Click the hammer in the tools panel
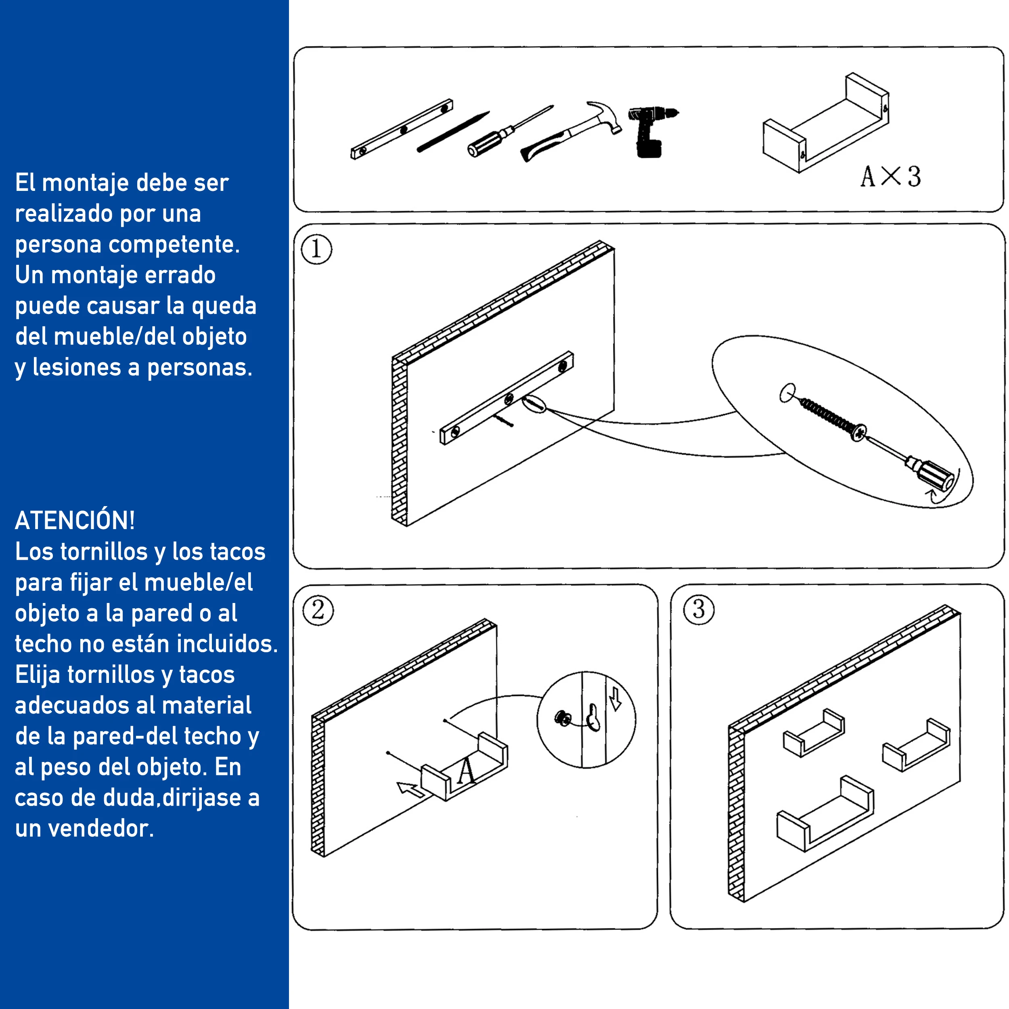(572, 130)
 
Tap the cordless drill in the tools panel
(651, 130)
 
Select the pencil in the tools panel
(453, 132)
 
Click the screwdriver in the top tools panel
(510, 130)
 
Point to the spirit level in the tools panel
(402, 129)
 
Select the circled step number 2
(318, 610)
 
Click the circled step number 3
(699, 609)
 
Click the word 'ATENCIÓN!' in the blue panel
(75, 520)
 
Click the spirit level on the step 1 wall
(507, 398)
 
